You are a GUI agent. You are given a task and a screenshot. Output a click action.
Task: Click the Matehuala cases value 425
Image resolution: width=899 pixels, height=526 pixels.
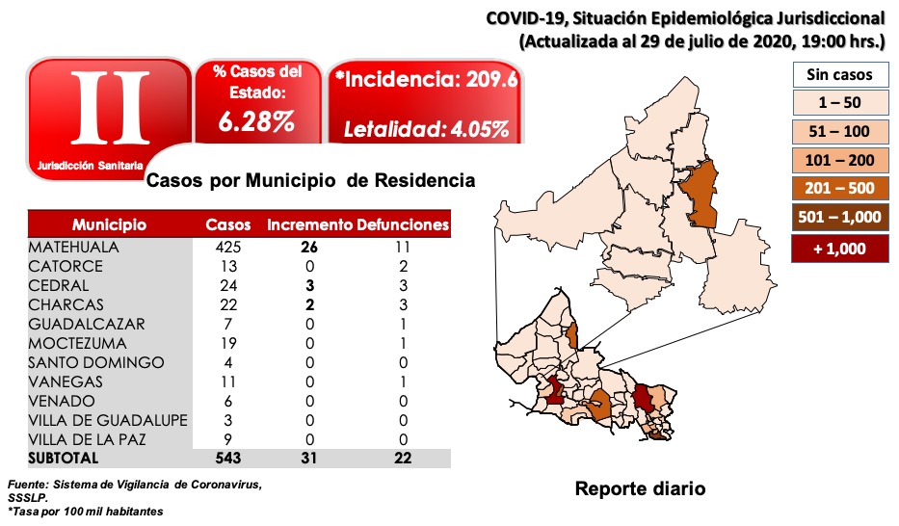(x=228, y=247)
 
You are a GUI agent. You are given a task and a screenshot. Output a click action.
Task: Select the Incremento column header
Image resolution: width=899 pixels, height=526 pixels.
(x=310, y=225)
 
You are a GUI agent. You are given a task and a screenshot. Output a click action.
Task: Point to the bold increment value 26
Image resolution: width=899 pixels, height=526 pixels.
(x=309, y=247)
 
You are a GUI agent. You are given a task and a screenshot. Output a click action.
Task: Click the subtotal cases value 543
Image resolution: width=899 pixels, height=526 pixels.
(x=228, y=459)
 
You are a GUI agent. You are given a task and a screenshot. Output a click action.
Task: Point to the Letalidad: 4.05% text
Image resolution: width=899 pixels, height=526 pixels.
(x=427, y=129)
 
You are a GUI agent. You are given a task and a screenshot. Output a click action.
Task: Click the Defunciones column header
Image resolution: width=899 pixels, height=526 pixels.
(x=403, y=225)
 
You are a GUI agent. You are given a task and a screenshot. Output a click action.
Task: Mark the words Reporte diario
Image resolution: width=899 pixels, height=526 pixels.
(x=640, y=488)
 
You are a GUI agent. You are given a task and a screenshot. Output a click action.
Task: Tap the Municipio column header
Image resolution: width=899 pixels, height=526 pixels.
(x=109, y=225)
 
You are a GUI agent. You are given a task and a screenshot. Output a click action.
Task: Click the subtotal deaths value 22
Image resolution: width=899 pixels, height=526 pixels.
(x=402, y=459)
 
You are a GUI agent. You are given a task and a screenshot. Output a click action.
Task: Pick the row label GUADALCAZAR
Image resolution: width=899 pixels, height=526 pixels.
(x=88, y=324)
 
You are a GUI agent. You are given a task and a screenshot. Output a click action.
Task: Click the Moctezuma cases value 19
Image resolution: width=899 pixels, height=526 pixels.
(x=228, y=343)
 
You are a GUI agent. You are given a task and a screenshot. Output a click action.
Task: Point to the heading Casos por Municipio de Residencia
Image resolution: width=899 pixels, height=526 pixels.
(x=309, y=180)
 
